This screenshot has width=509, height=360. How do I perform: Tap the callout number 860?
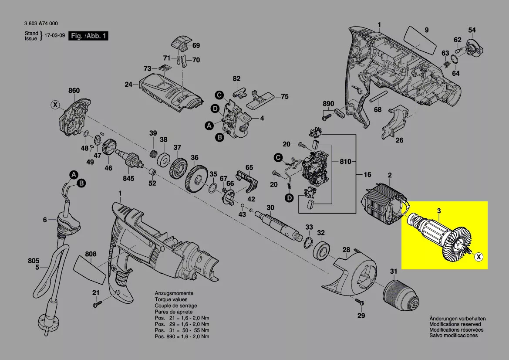click(x=74, y=91)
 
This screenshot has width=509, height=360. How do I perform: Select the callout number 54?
click(x=472, y=30)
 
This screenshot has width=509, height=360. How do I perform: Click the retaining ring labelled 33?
click(x=309, y=243)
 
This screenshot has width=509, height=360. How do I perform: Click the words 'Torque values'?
click(x=171, y=299)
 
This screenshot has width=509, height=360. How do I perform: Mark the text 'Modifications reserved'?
click(x=455, y=324)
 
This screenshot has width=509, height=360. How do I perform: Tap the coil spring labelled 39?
click(x=154, y=154)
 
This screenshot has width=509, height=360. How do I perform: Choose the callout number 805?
click(x=34, y=261)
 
